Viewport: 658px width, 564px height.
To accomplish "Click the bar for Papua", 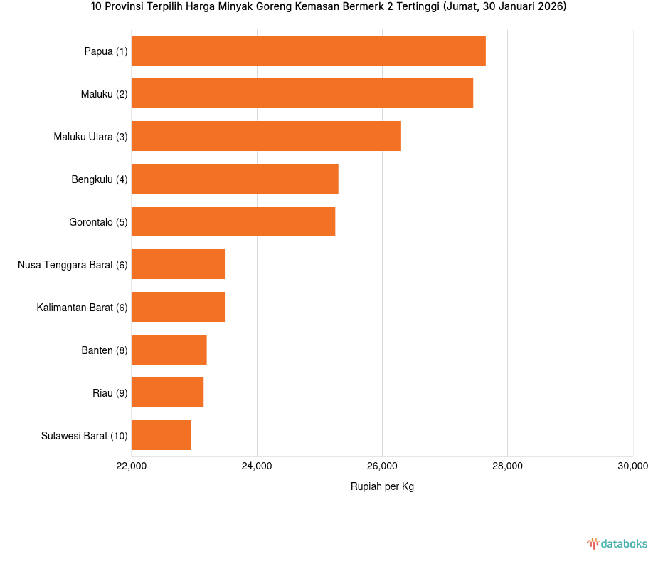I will pyautogui.click(x=308, y=51).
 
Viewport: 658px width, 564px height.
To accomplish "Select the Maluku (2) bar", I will pyautogui.click(x=302, y=93).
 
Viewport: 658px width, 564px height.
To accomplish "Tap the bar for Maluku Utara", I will pyautogui.click(x=266, y=136).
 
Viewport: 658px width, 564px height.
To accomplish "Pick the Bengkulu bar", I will pyautogui.click(x=235, y=179).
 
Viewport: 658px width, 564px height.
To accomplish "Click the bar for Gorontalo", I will pyautogui.click(x=233, y=221).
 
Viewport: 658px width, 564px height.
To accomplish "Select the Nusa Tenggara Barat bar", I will pyautogui.click(x=179, y=264).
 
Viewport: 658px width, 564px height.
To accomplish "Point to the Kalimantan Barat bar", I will pyautogui.click(x=179, y=307).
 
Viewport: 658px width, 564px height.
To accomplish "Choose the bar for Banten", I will pyautogui.click(x=169, y=350).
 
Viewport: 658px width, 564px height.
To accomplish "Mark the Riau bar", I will pyautogui.click(x=168, y=392).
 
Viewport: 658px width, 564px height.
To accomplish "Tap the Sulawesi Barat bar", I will pyautogui.click(x=161, y=435).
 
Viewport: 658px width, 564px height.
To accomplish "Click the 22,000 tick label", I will pyautogui.click(x=131, y=466).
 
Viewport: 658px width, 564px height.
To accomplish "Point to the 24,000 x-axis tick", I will pyautogui.click(x=257, y=466).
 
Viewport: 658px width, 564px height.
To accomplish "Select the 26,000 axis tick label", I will pyautogui.click(x=382, y=466).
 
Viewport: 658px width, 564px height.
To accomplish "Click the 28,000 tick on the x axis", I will pyautogui.click(x=507, y=466).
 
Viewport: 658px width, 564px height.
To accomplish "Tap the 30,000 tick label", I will pyautogui.click(x=632, y=466).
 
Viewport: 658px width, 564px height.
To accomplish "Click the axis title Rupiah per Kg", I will pyautogui.click(x=382, y=487).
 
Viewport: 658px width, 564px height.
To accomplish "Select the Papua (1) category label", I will pyautogui.click(x=106, y=51).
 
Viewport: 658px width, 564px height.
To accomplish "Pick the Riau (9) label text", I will pyautogui.click(x=110, y=393).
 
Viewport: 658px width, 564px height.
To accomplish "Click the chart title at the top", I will pyautogui.click(x=329, y=7).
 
